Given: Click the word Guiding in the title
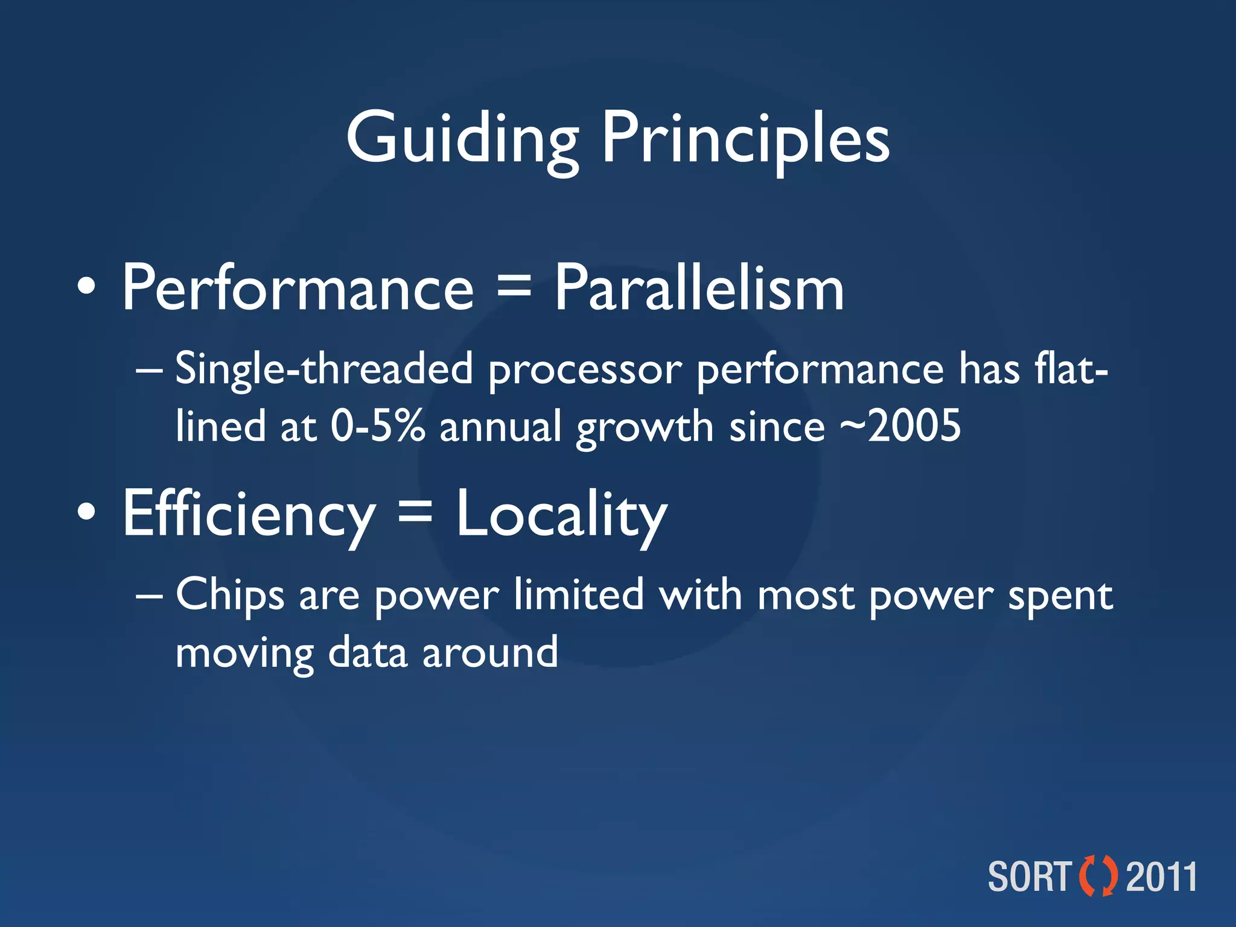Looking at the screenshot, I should [462, 139].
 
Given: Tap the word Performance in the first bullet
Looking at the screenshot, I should [298, 288].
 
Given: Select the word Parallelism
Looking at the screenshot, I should [699, 288].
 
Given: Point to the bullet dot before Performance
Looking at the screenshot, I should [86, 286].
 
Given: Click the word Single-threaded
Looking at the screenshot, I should [324, 369].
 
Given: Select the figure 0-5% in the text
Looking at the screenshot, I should [378, 426].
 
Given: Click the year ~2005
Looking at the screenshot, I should [900, 426].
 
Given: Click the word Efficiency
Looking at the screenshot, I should [249, 514].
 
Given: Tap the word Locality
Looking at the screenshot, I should [561, 514].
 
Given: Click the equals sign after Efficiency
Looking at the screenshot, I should [415, 513].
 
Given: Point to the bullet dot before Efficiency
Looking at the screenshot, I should [86, 512].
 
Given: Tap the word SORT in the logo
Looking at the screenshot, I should [1030, 876].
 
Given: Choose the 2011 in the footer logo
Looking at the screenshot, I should [1161, 876].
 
